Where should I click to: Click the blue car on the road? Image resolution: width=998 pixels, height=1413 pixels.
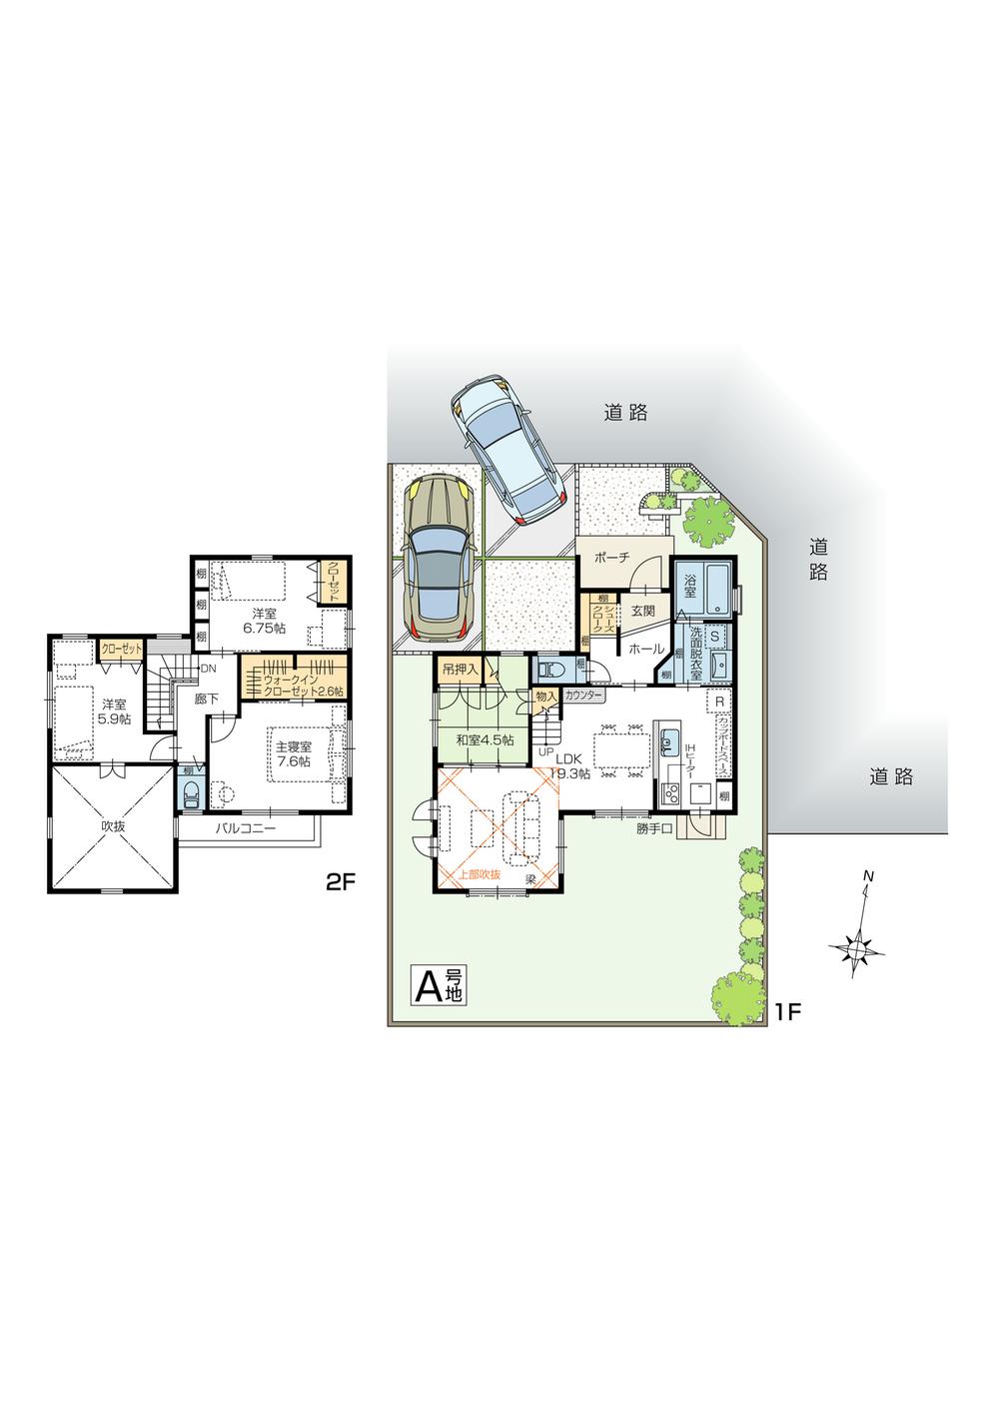505,450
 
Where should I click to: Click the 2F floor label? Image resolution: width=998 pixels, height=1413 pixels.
341,881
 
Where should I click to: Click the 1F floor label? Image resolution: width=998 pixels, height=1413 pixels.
787,1011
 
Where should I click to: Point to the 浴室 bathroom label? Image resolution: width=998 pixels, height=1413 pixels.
690,583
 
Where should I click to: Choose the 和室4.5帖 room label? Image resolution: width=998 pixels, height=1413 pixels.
485,740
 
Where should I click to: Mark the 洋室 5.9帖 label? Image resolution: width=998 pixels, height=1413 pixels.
112,710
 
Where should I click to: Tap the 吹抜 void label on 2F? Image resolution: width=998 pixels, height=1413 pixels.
114,826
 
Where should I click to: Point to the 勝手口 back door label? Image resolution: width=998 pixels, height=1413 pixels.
654,827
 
